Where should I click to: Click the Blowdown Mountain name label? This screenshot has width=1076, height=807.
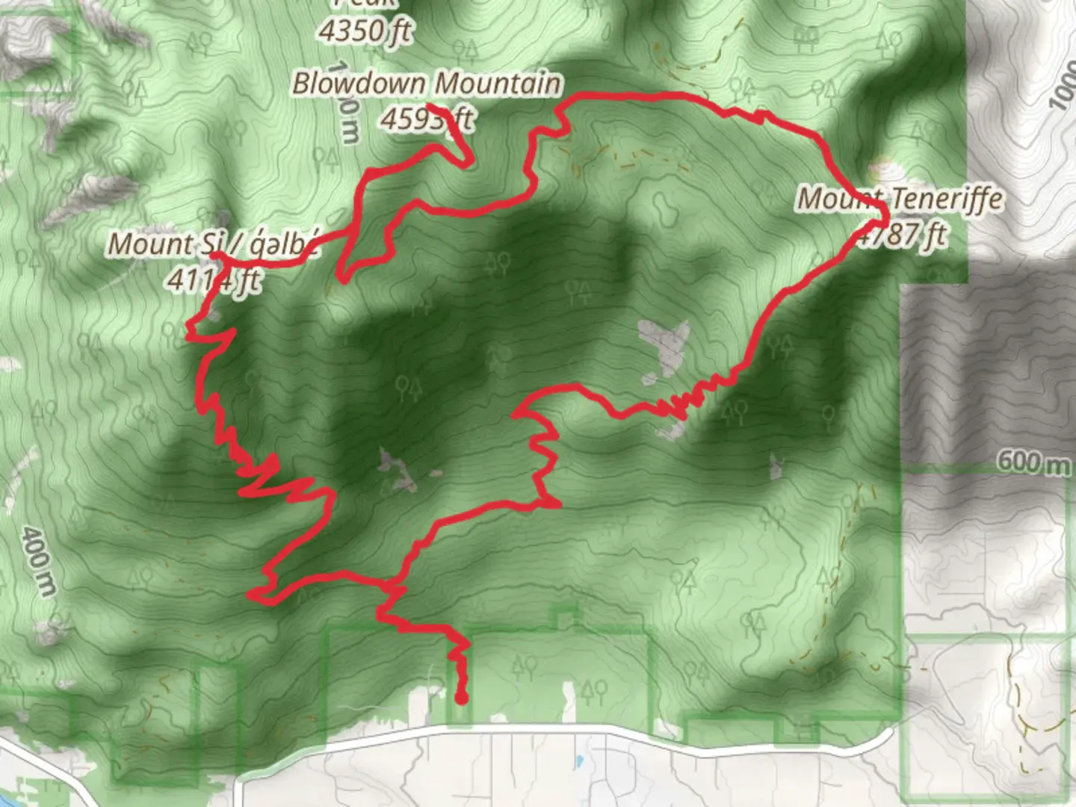(426, 83)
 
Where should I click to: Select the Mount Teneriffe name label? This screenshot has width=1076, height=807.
(900, 199)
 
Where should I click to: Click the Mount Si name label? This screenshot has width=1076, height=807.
(213, 244)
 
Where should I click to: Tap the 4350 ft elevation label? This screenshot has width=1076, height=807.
(365, 31)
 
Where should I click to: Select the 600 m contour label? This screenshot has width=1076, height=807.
(1033, 462)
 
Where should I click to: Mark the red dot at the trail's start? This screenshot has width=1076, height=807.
(461, 699)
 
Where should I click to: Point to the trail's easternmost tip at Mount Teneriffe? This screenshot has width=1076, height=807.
(885, 222)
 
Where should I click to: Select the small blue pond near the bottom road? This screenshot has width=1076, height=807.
(579, 763)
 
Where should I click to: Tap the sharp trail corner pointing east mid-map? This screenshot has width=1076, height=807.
(559, 505)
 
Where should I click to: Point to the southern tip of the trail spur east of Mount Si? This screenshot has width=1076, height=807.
(341, 280)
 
